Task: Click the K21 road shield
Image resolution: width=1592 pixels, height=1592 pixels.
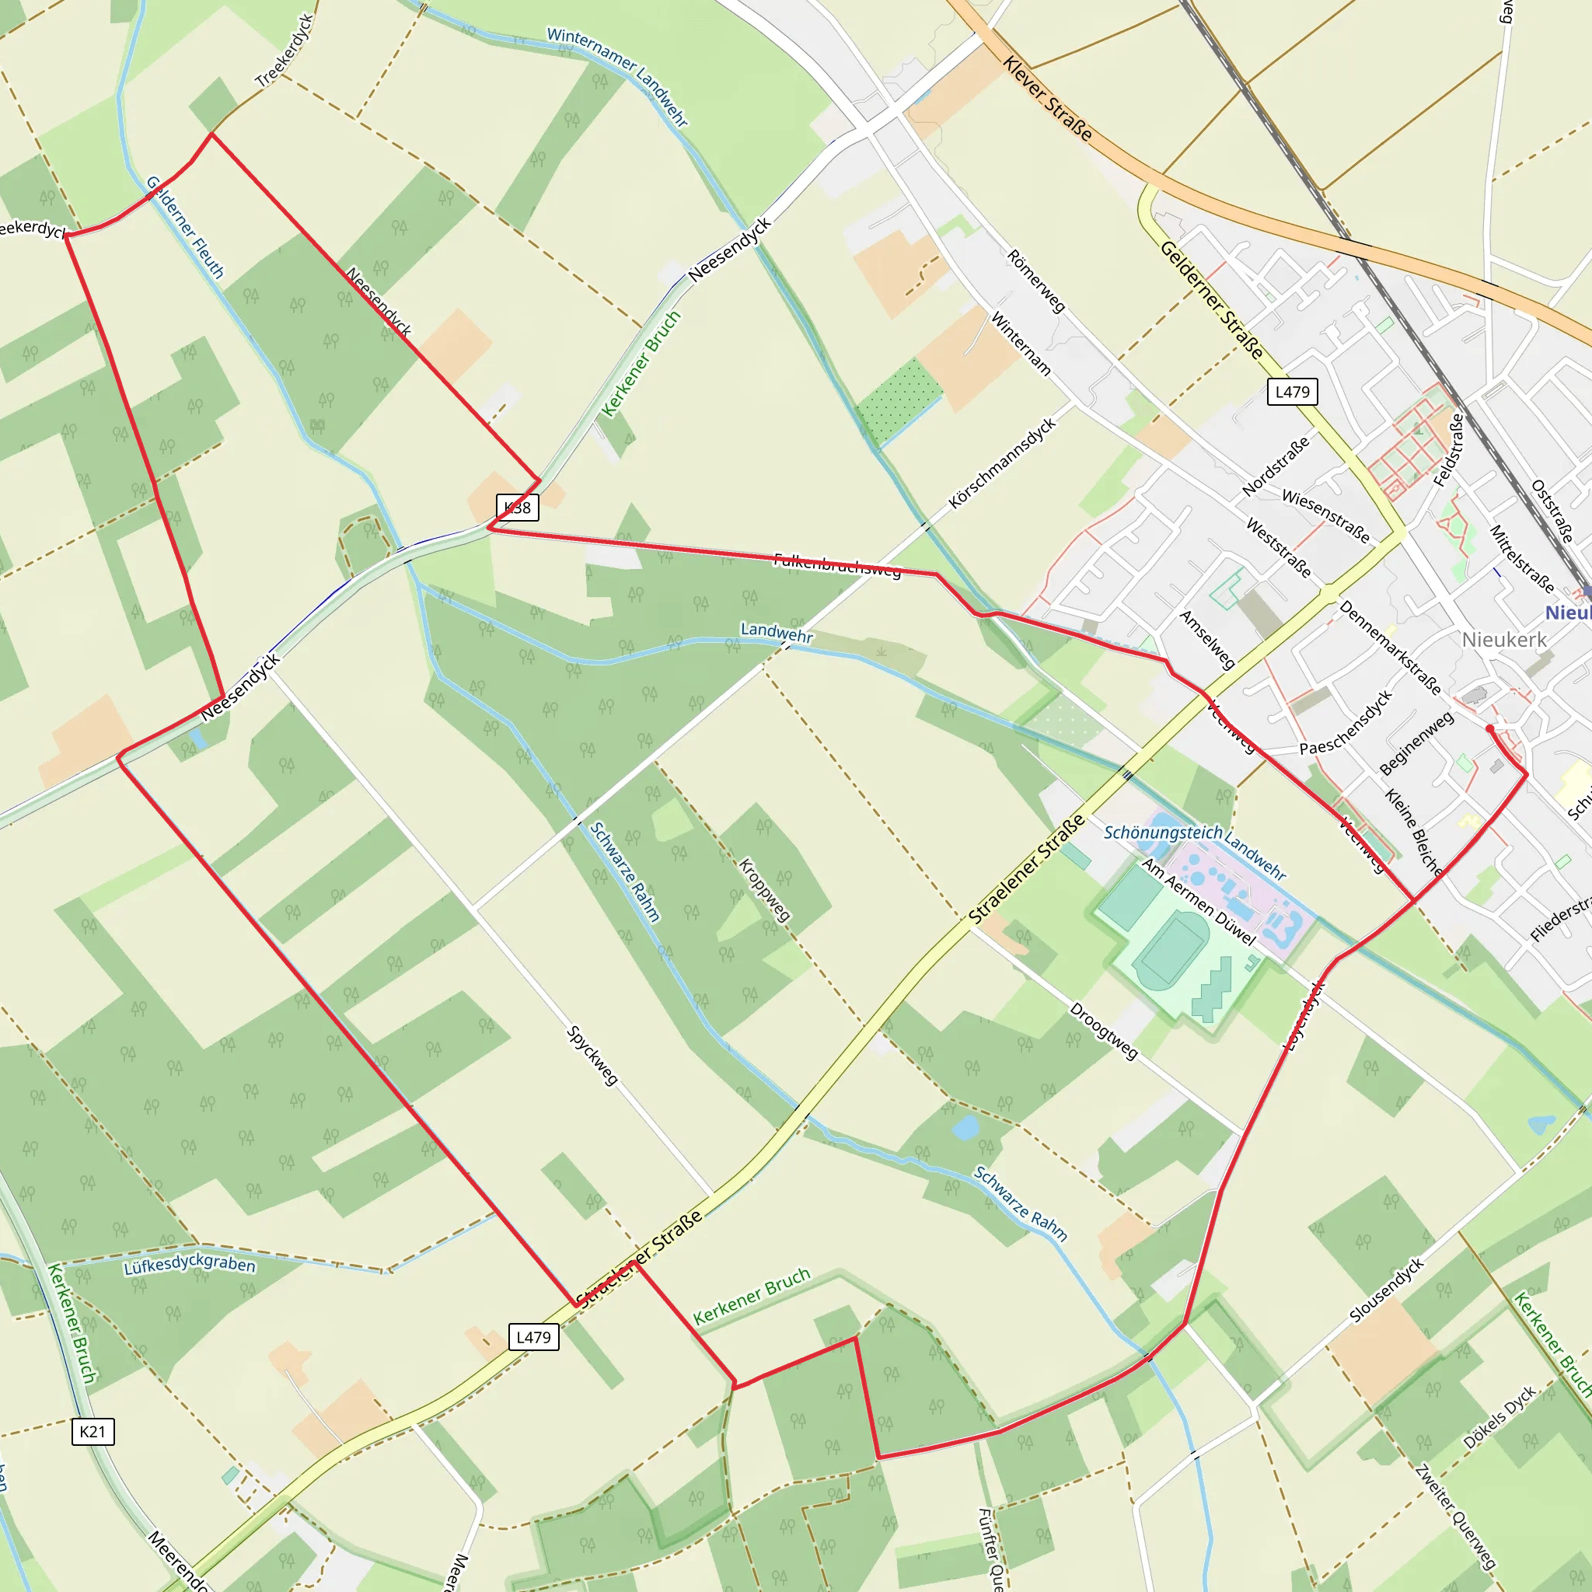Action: tap(93, 1431)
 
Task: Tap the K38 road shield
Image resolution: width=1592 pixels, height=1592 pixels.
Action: tap(518, 507)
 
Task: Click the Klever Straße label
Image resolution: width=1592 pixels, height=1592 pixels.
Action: tap(1047, 99)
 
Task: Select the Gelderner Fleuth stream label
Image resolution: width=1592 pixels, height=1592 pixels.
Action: tap(186, 228)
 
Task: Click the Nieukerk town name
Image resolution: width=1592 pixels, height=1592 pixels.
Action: tap(1504, 640)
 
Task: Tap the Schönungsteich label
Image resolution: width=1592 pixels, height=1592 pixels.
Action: tap(1163, 833)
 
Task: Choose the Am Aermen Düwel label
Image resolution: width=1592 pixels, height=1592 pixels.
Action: tap(1199, 902)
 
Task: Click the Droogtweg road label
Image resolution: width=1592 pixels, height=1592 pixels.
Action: tap(1103, 1031)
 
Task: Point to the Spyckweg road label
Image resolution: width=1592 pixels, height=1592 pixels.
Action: tap(592, 1055)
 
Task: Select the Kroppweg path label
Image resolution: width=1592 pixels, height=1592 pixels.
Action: tap(764, 890)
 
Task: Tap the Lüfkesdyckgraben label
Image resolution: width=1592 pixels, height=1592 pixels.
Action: tap(190, 1264)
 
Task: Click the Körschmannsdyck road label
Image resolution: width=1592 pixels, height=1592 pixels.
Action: tap(1001, 463)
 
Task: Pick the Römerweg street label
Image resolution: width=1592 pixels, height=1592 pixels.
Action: tap(1035, 281)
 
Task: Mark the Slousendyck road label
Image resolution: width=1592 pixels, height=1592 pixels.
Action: tap(1386, 1290)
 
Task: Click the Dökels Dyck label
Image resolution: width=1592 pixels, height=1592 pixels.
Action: tap(1499, 1417)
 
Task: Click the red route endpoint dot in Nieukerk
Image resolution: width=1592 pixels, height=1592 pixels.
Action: tap(1489, 728)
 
